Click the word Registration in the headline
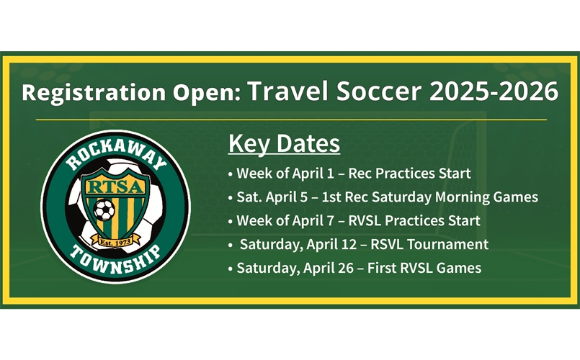pyautogui.click(x=94, y=92)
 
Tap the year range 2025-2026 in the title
pyautogui.click(x=494, y=91)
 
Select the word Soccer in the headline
pyautogui.click(x=379, y=91)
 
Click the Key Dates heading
pyautogui.click(x=284, y=143)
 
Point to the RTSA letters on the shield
pyautogui.click(x=115, y=186)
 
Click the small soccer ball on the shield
pyautogui.click(x=104, y=210)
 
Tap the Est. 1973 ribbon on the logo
pyautogui.click(x=116, y=243)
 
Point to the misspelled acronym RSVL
pyautogui.click(x=386, y=244)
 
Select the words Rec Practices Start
pyautogui.click(x=409, y=174)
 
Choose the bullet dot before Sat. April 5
pyautogui.click(x=231, y=198)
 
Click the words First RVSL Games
pyautogui.click(x=424, y=268)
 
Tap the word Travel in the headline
pyautogui.click(x=287, y=91)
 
